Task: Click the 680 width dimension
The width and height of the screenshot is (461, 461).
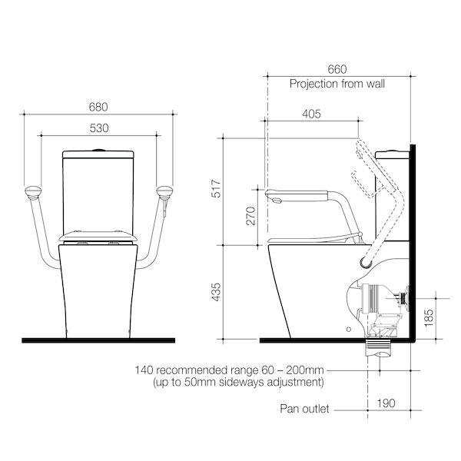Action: tap(98, 107)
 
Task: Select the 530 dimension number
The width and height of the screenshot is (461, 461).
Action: tap(99, 128)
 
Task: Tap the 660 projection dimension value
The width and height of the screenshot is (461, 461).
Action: tap(337, 69)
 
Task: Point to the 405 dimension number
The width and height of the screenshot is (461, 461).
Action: tap(311, 114)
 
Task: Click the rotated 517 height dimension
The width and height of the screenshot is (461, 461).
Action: tap(216, 188)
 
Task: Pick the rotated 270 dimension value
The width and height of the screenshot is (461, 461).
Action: tap(250, 216)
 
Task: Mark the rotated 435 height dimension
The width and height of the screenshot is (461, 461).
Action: tap(216, 292)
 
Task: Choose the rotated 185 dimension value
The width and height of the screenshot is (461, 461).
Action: tap(429, 317)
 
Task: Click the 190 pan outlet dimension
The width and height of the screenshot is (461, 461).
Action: tap(386, 403)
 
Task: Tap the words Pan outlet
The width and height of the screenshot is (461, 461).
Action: tap(304, 409)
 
